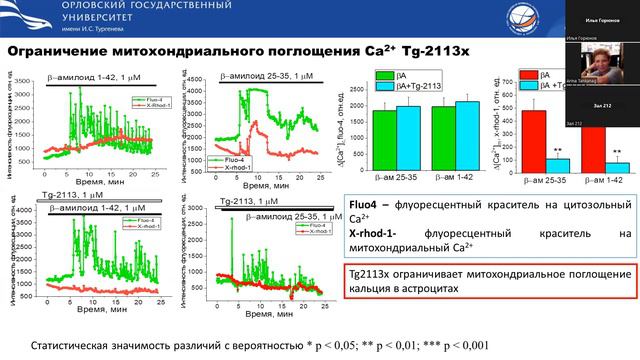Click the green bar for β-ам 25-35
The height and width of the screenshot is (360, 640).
tap(385, 133)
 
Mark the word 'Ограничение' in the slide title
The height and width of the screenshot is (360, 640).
tap(61, 52)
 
